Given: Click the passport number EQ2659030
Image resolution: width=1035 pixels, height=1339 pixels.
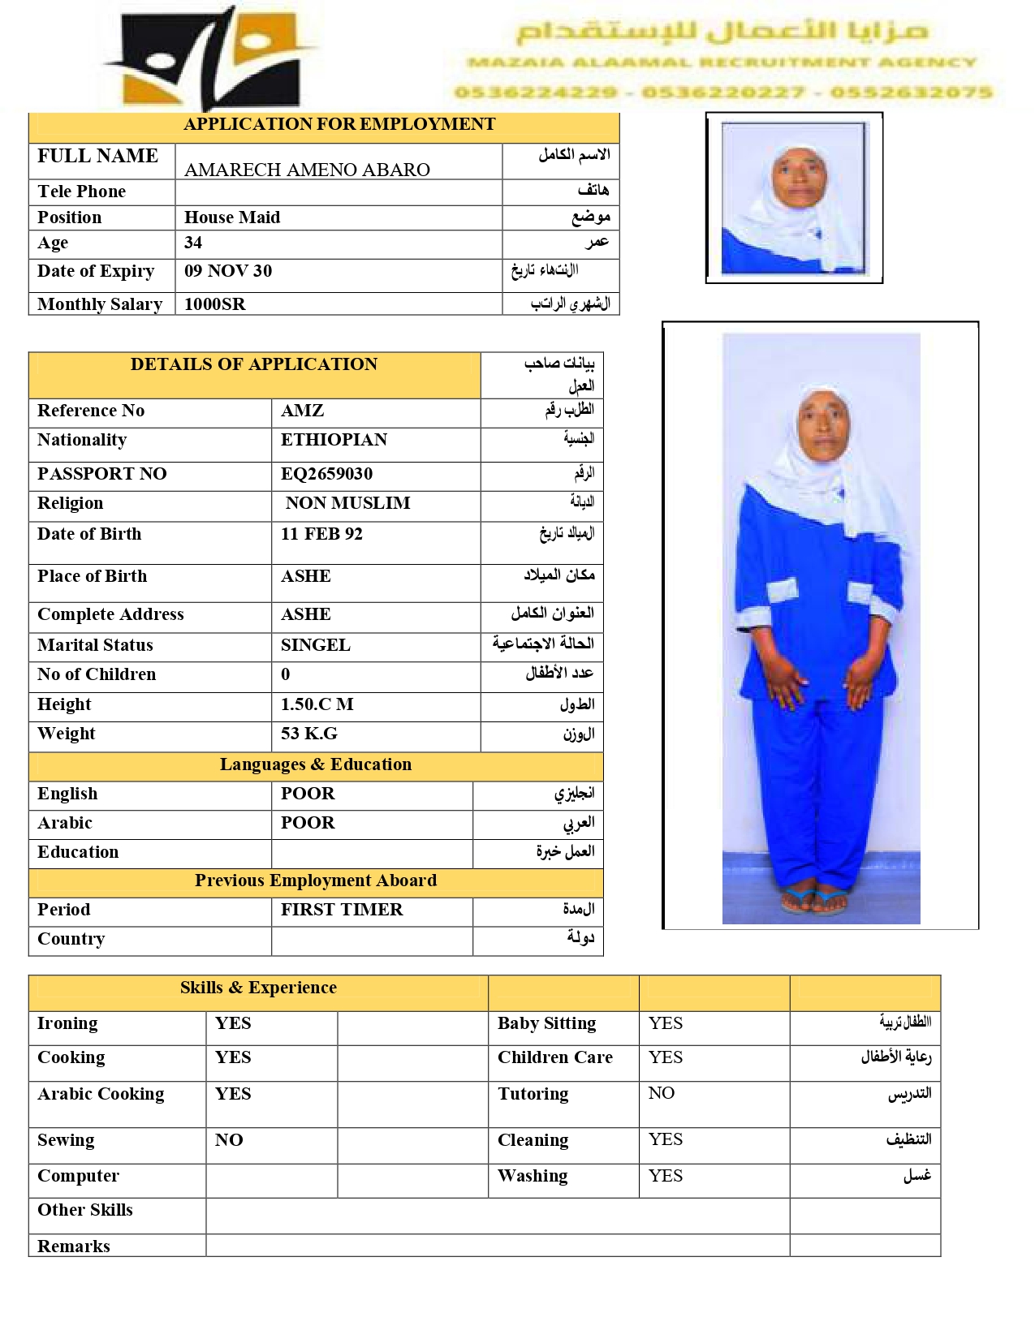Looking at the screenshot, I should point(326,474).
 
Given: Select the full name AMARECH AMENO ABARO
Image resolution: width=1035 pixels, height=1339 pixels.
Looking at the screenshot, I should point(307,170).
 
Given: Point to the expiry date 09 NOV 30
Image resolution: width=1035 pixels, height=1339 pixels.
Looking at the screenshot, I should point(228,271).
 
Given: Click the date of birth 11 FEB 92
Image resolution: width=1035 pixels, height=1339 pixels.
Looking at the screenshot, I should point(321,534).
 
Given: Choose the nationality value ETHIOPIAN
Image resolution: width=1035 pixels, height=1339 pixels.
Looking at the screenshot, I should point(334,440).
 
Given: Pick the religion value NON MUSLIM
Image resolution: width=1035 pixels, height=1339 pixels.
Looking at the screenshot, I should point(347,503).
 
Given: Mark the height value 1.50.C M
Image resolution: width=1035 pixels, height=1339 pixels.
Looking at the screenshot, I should point(317,704).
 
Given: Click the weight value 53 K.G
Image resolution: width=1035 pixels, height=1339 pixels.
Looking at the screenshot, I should point(308,734).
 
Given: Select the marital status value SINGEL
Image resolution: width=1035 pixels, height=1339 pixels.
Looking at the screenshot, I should point(315,645).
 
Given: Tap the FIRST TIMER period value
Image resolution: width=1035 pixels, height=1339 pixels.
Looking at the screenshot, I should point(342,910).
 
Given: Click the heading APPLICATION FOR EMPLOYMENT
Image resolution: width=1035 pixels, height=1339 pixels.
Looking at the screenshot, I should point(339,124).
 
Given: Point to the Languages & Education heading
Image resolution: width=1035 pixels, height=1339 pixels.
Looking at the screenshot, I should point(315,764).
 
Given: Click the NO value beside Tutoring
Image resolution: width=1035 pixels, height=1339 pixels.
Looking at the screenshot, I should point(661,1093).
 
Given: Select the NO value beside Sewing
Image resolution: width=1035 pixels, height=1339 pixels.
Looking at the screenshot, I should point(229,1140).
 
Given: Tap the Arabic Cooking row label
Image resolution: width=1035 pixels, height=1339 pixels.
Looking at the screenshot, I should point(101,1094).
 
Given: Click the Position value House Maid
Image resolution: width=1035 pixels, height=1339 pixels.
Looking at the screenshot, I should point(232,217).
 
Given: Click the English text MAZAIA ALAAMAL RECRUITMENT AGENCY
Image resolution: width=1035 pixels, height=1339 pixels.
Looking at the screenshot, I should point(722,62).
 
